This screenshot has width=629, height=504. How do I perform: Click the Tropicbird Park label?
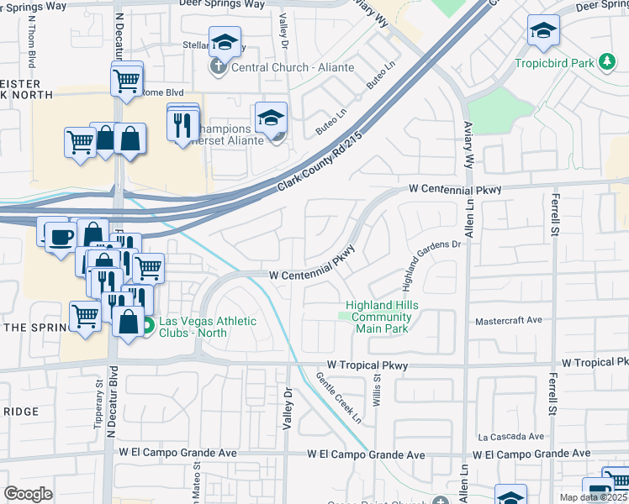555,63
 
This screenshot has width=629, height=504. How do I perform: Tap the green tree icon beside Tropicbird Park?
606,63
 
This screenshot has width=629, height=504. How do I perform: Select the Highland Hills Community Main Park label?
381,317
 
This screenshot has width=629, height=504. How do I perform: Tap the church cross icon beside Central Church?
219,67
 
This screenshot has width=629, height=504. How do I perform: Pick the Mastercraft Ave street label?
509,321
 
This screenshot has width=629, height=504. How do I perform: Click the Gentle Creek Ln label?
344,396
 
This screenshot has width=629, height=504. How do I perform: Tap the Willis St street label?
377,388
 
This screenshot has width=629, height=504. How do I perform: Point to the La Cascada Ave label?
511,437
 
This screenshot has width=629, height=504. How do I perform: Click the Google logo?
28,494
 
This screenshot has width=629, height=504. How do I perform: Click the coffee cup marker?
59,236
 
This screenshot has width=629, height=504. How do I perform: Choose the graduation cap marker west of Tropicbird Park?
544,32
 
